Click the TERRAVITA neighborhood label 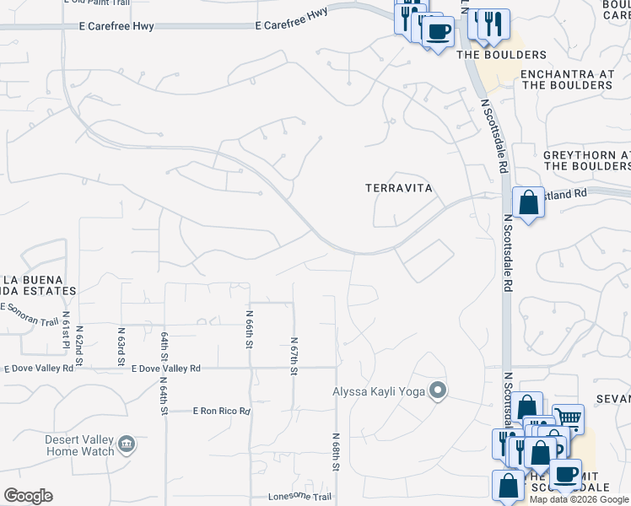pos(399,189)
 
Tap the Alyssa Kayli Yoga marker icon pos(438,390)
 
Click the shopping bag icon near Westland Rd pos(528,202)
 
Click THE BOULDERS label pos(501,55)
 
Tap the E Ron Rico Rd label pos(221,412)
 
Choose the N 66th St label pos(250,329)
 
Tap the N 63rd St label pos(121,347)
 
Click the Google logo pos(28,496)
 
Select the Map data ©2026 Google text pos(579,499)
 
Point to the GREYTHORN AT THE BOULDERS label pos(587,160)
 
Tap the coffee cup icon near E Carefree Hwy pos(437,33)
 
